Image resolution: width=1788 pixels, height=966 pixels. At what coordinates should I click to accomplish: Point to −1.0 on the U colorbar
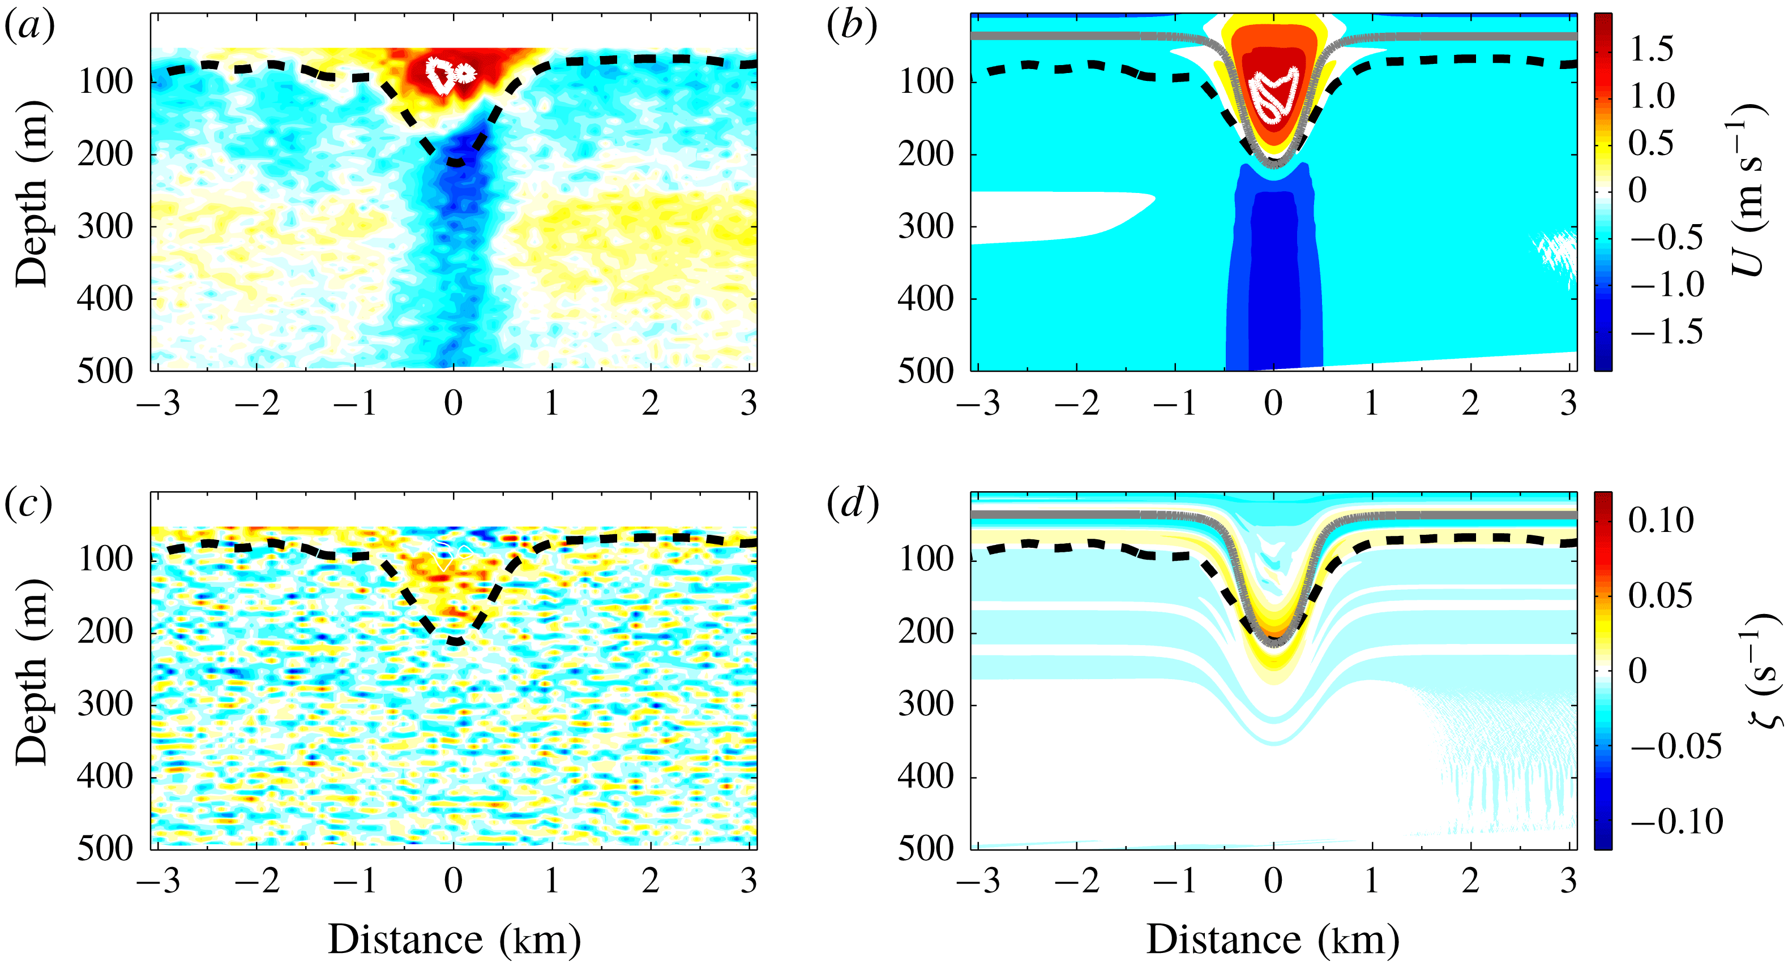(1666, 285)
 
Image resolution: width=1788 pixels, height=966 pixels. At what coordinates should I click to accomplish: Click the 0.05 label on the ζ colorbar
(1660, 595)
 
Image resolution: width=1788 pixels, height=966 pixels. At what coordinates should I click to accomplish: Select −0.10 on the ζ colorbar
(1675, 822)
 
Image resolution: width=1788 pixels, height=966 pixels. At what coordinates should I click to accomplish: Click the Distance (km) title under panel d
(1272, 941)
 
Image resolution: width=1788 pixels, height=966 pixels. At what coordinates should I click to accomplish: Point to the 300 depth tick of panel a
(105, 226)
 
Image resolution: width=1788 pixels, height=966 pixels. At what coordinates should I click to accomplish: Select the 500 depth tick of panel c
(105, 848)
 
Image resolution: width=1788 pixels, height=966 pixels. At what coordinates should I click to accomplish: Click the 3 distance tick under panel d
(1568, 881)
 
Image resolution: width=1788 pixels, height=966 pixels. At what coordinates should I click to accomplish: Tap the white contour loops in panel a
(449, 74)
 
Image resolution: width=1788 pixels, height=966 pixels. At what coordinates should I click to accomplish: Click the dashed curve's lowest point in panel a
(455, 163)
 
